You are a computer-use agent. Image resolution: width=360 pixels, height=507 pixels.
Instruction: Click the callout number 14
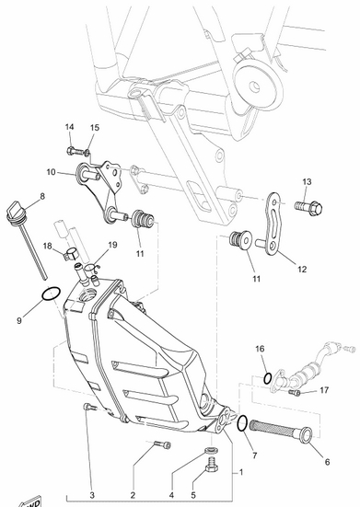coord(70,127)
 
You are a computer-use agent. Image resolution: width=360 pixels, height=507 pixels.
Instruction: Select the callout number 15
coord(95,127)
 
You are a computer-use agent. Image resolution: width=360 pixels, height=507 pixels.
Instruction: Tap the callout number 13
coord(307,181)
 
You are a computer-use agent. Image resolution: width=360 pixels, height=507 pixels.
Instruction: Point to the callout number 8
coord(42,196)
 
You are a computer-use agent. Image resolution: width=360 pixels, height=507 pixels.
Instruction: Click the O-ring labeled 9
coord(51,294)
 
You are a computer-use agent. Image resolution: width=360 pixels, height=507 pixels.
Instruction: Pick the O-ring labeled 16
coord(268,378)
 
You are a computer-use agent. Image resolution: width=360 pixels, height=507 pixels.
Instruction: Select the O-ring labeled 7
coord(242,423)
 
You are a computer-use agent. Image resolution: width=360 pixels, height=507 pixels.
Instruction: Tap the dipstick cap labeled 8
coord(15,210)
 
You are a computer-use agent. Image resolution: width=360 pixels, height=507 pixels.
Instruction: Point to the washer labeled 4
coord(211,450)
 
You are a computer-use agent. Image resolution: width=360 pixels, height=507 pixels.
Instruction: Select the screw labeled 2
coord(162,444)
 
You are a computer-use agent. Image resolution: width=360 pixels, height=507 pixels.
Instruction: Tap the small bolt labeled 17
coord(296,392)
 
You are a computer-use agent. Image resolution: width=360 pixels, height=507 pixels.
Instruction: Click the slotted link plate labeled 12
coord(274,222)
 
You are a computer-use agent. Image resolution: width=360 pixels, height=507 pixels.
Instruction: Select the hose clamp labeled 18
coord(71,253)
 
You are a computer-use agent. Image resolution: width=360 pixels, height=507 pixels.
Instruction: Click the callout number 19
coord(112,245)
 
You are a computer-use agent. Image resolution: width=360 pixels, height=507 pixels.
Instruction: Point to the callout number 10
coord(52,172)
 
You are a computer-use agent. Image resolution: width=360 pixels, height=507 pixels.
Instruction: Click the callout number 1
coord(241,472)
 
